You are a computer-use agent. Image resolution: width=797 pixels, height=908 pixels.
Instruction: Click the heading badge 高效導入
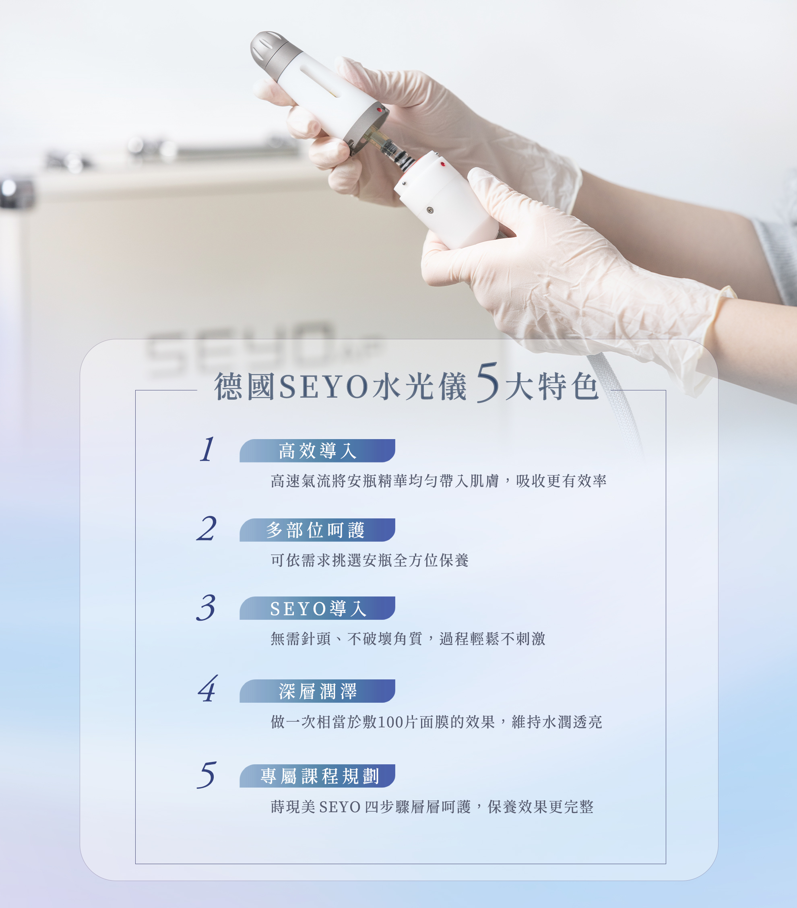pyautogui.click(x=317, y=450)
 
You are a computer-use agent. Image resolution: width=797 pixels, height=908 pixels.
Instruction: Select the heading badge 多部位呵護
pyautogui.click(x=317, y=530)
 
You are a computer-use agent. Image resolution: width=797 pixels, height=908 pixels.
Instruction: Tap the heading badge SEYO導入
pyautogui.click(x=317, y=608)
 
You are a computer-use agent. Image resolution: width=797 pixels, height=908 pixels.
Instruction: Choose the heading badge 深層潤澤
pyautogui.click(x=317, y=691)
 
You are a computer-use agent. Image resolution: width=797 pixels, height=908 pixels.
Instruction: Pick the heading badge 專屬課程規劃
pyautogui.click(x=317, y=776)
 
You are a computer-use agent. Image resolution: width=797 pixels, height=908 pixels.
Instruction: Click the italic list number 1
pyautogui.click(x=207, y=449)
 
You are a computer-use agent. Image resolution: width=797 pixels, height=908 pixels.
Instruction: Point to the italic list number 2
pyautogui.click(x=206, y=528)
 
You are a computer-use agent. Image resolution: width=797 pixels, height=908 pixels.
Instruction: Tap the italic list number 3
pyautogui.click(x=206, y=607)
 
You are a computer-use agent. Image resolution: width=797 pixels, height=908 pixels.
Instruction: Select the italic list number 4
pyautogui.click(x=207, y=689)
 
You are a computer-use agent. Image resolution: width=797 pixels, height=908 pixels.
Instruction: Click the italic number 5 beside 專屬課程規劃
pyautogui.click(x=206, y=774)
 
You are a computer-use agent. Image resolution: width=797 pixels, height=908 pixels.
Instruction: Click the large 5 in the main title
pyautogui.click(x=488, y=382)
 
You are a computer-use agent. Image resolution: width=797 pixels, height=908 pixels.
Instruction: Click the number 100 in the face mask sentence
pyautogui.click(x=391, y=722)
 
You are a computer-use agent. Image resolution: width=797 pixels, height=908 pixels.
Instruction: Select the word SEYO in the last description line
pyautogui.click(x=340, y=807)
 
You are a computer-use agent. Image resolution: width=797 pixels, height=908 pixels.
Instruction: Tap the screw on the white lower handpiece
pyautogui.click(x=429, y=210)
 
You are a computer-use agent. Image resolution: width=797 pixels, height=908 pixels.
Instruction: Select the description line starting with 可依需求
pyautogui.click(x=370, y=560)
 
